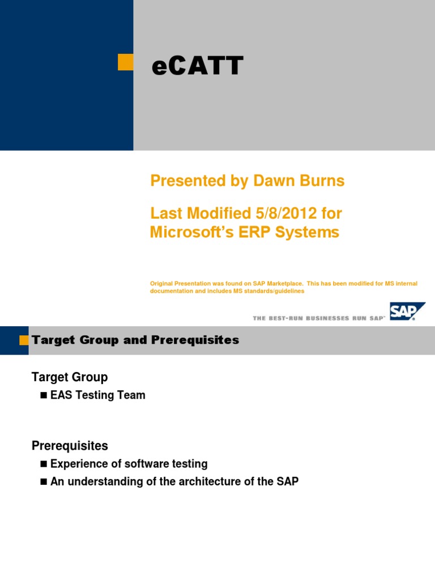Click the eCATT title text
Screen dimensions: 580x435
pyautogui.click(x=197, y=66)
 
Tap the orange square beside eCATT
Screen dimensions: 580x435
pyautogui.click(x=125, y=62)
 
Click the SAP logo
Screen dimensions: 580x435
pyautogui.click(x=407, y=312)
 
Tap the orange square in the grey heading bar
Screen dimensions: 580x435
pyautogui.click(x=24, y=340)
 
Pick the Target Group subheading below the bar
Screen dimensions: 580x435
pyautogui.click(x=69, y=377)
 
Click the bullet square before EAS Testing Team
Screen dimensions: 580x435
pyautogui.click(x=44, y=395)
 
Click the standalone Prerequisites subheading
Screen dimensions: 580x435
pyautogui.click(x=69, y=446)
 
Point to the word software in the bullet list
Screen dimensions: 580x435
pyautogui.click(x=138, y=464)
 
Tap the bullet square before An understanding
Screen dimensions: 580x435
pyautogui.click(x=44, y=482)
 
